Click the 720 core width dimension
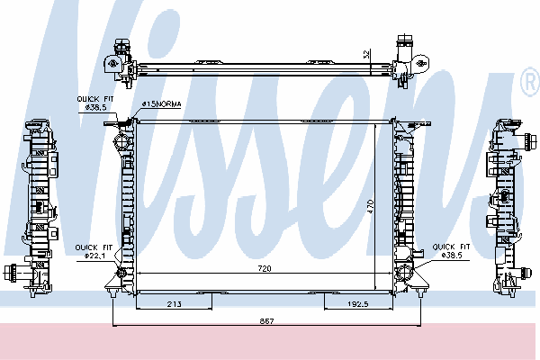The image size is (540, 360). [265, 268]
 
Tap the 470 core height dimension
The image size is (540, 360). [371, 206]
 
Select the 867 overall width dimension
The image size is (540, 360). [266, 321]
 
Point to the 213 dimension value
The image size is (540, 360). [175, 304]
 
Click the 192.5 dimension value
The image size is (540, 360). [358, 304]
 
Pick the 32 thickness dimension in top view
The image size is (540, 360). [367, 54]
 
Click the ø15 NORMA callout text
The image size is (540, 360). [161, 103]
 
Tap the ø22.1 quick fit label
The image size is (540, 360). [94, 256]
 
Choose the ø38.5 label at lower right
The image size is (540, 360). [452, 256]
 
